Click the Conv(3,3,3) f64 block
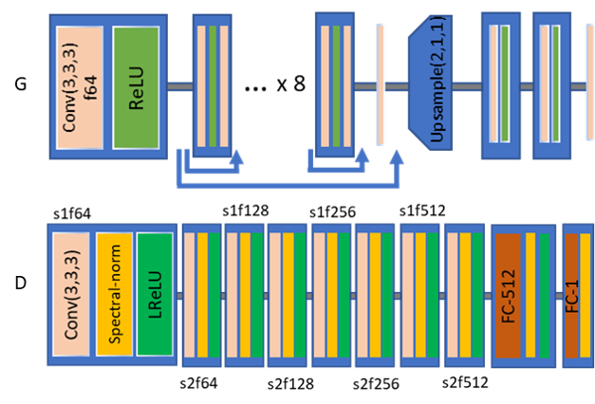(x=80, y=87)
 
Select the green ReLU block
(x=136, y=87)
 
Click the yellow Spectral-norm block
(x=114, y=294)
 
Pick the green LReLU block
(x=155, y=294)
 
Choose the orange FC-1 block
(x=572, y=294)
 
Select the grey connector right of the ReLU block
(x=179, y=87)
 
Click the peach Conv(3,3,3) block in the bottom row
(x=71, y=294)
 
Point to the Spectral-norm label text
(x=114, y=294)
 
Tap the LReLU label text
(x=155, y=294)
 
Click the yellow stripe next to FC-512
(x=530, y=294)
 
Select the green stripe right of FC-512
(x=544, y=294)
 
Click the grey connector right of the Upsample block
(x=466, y=87)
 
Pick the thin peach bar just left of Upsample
(x=381, y=85)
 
